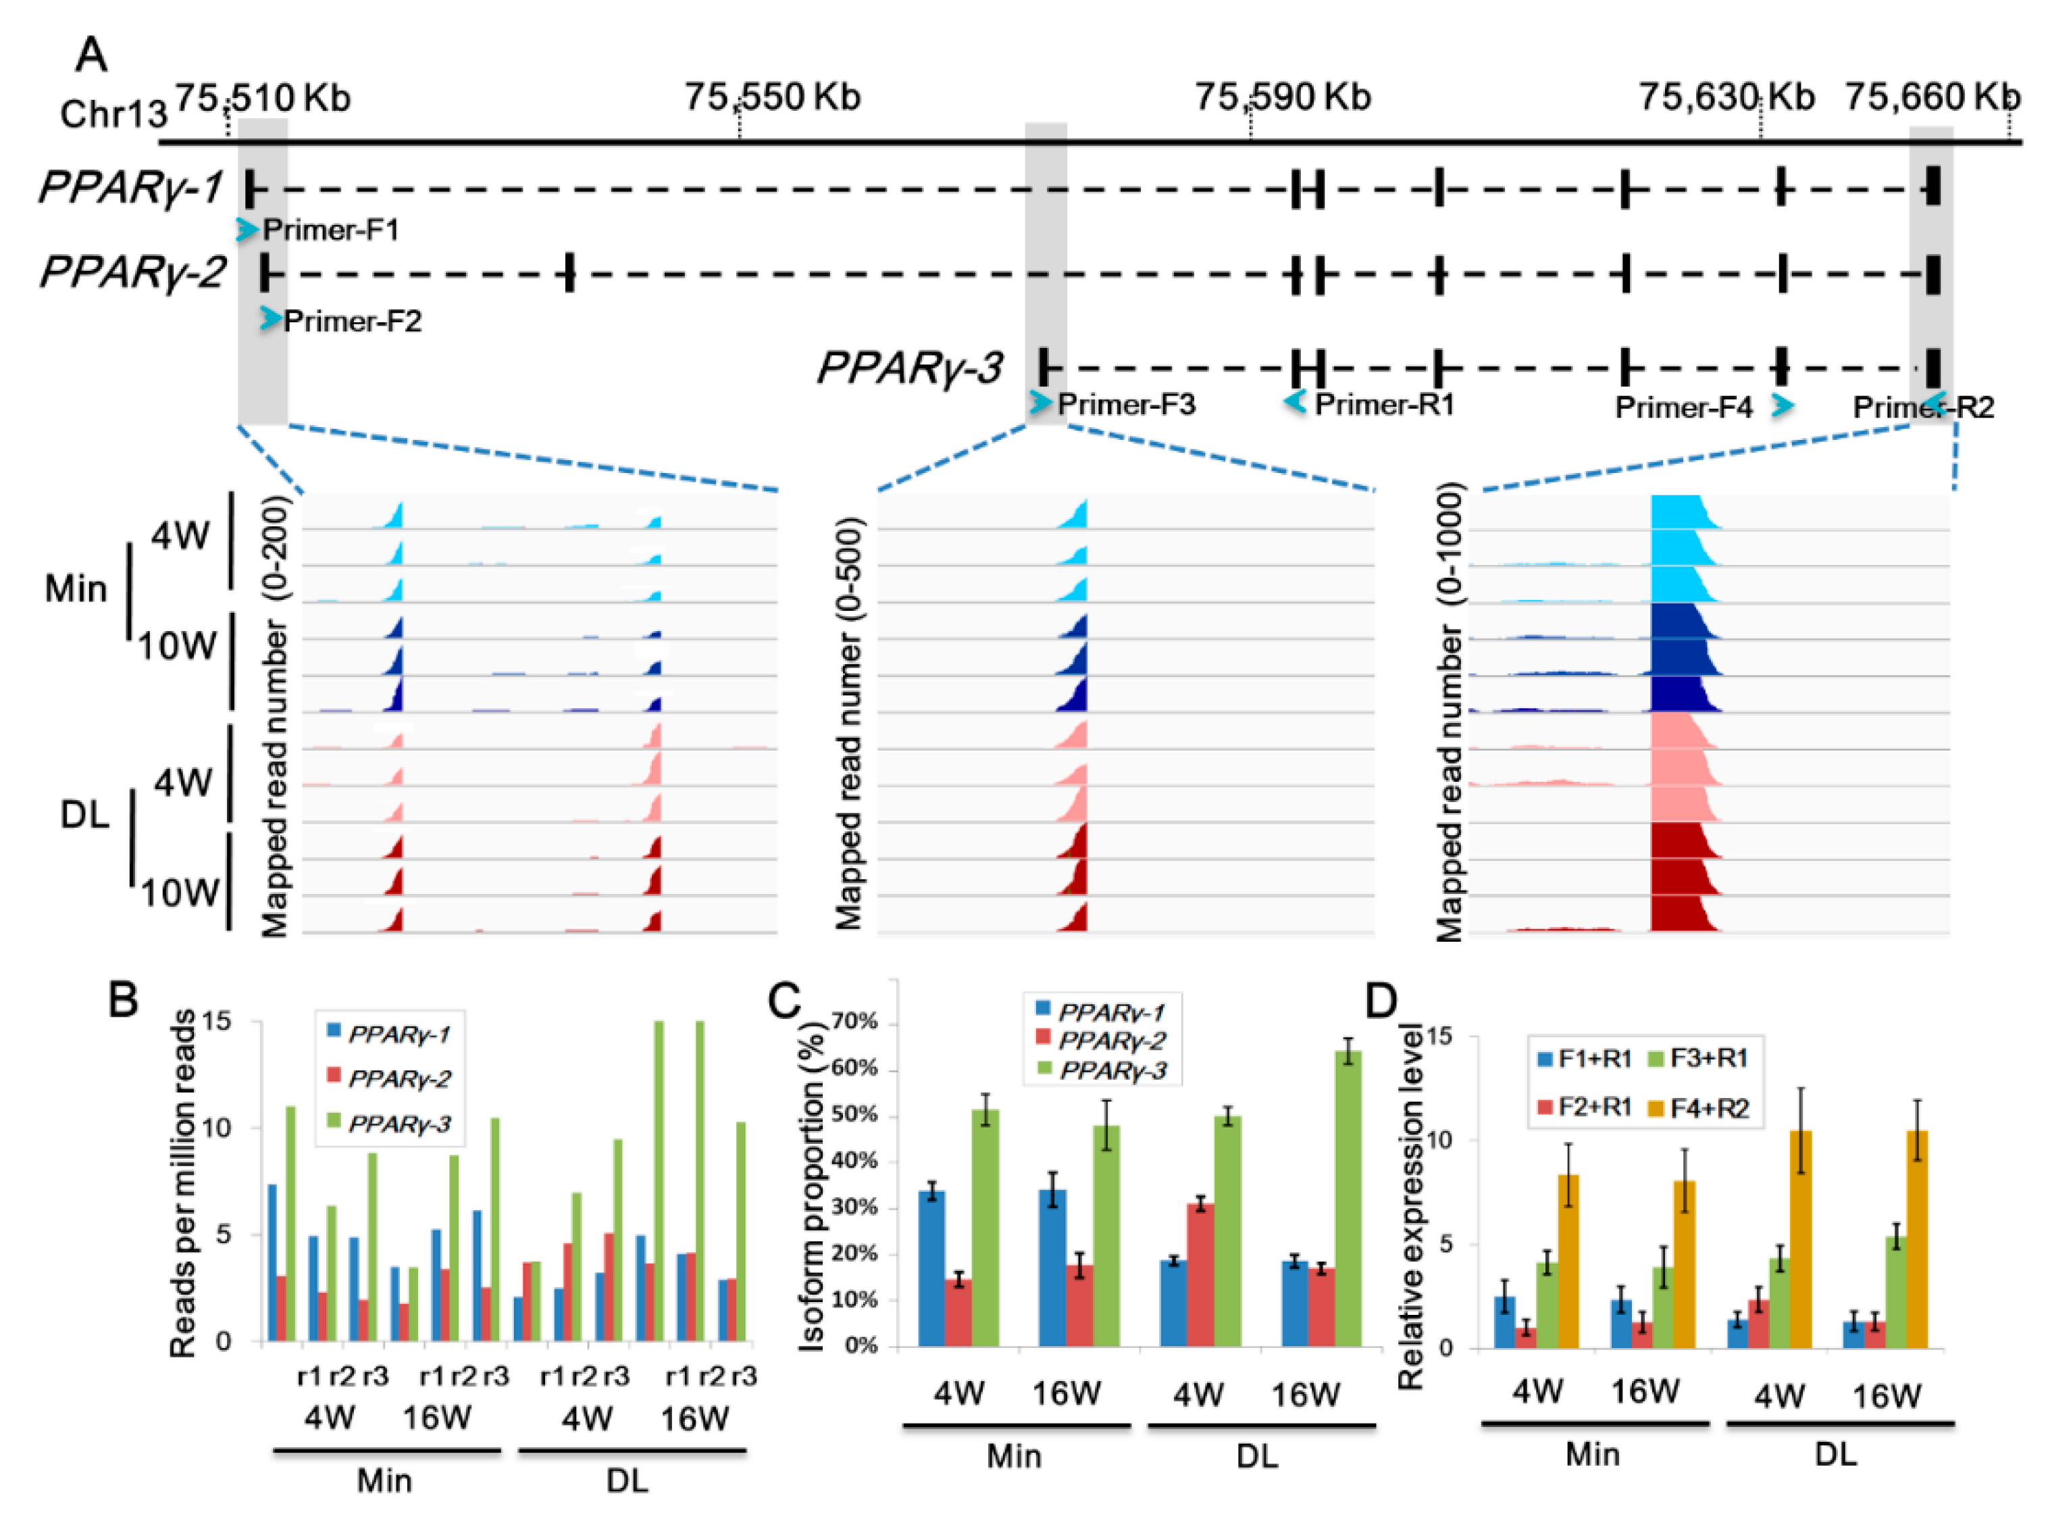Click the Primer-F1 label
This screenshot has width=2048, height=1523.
pyautogui.click(x=331, y=230)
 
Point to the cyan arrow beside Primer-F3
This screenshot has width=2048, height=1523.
pyautogui.click(x=1041, y=403)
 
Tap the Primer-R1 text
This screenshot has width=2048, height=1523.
pyautogui.click(x=1385, y=404)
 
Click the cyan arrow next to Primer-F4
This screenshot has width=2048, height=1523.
pyautogui.click(x=1783, y=405)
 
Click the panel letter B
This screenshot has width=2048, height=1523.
pyautogui.click(x=124, y=1000)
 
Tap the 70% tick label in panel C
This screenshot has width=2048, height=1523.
pyautogui.click(x=854, y=1022)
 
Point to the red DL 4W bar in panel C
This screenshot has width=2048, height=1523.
pyautogui.click(x=1200, y=1275)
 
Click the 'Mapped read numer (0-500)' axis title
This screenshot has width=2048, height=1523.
pyautogui.click(x=849, y=723)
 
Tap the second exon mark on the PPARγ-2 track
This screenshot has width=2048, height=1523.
pyautogui.click(x=569, y=274)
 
